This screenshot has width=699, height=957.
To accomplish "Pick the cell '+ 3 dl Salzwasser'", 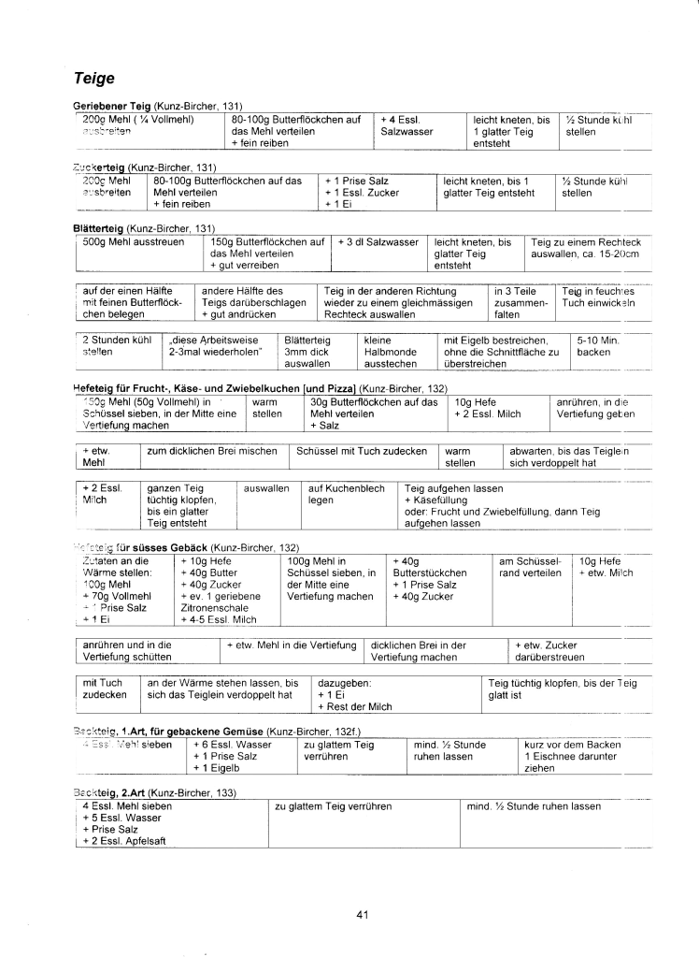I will point(378,241).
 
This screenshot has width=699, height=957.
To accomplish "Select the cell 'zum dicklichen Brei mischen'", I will point(213,450).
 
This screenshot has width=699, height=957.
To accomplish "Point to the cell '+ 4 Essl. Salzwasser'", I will point(407,126).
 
